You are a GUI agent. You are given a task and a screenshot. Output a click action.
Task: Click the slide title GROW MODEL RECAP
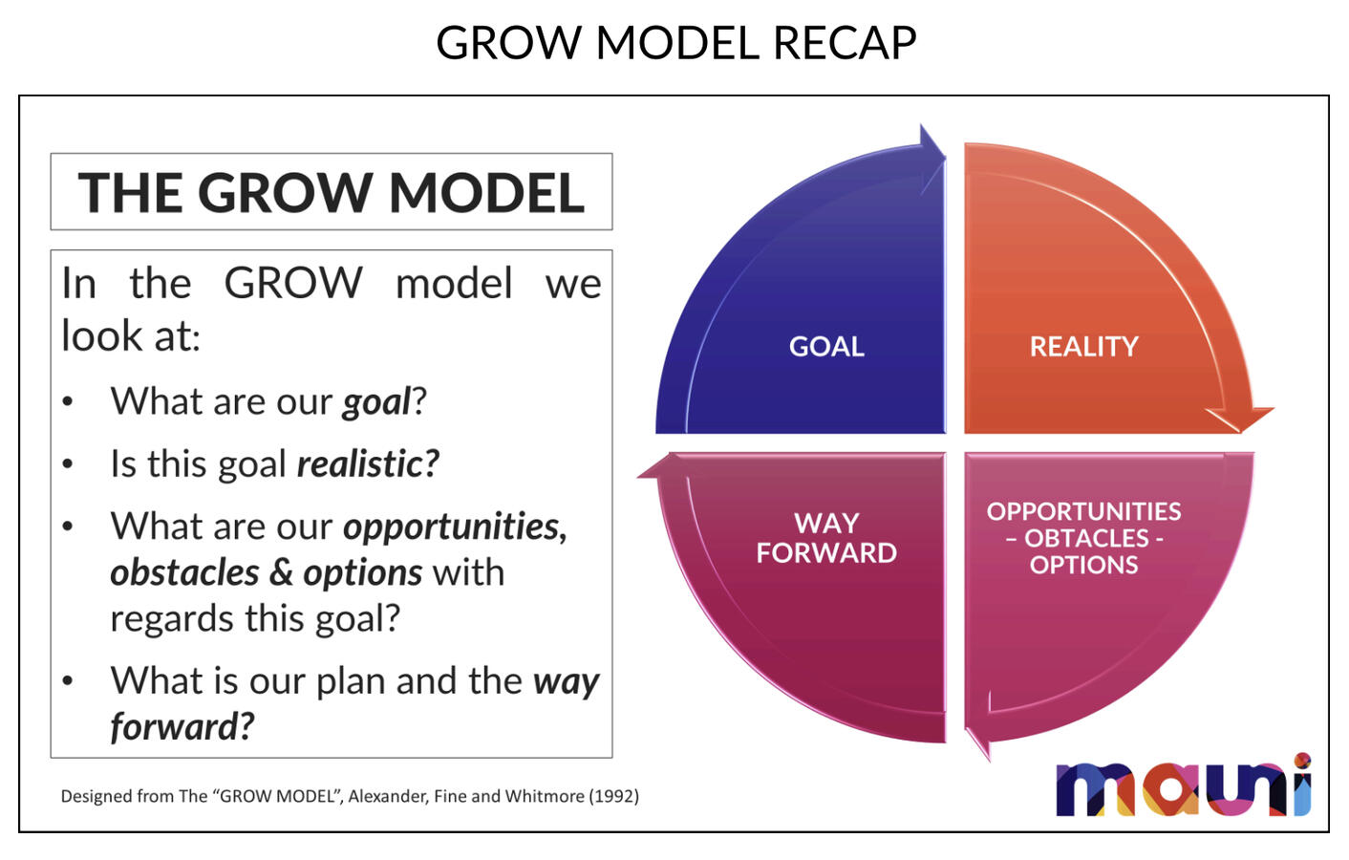(x=675, y=43)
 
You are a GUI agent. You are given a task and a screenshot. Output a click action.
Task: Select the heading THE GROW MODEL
(x=331, y=192)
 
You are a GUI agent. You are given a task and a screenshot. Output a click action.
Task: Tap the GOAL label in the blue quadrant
(x=825, y=346)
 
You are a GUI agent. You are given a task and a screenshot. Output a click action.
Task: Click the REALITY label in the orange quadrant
(x=1083, y=346)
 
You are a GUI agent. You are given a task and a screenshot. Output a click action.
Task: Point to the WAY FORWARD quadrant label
(x=825, y=538)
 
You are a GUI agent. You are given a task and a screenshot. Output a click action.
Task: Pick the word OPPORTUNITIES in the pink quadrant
(x=1083, y=512)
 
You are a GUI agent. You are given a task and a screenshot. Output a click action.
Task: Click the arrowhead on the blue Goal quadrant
(x=931, y=158)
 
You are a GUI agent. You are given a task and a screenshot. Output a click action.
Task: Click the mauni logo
(x=1183, y=787)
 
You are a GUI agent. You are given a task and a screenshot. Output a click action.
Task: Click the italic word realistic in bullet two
(x=367, y=464)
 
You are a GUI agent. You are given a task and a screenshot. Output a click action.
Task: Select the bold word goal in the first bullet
(x=376, y=402)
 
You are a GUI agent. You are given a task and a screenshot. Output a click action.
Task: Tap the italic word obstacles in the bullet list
(x=183, y=573)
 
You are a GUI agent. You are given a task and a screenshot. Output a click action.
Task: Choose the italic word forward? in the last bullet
(x=182, y=727)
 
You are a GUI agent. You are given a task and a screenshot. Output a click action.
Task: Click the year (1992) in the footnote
(x=613, y=796)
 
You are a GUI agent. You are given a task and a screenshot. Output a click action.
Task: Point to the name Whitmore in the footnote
(x=544, y=796)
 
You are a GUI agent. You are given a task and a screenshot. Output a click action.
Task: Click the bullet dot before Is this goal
(x=68, y=464)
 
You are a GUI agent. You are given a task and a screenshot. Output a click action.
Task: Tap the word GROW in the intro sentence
(x=292, y=284)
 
